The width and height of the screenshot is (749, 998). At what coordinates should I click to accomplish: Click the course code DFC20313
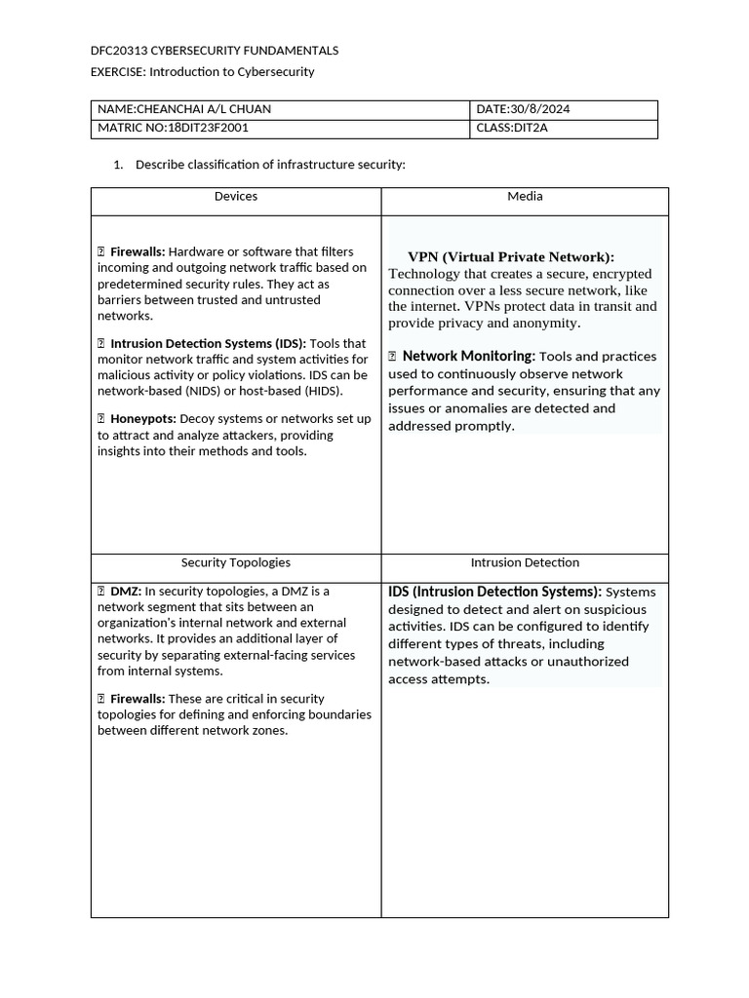click(x=119, y=51)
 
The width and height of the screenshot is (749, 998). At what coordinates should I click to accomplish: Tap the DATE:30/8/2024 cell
click(x=523, y=109)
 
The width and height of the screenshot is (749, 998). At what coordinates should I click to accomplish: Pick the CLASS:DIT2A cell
click(x=512, y=128)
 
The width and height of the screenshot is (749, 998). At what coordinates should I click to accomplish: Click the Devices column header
click(x=236, y=197)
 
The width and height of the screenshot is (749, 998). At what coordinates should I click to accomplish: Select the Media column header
click(x=525, y=197)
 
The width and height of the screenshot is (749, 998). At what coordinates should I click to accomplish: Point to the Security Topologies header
click(x=236, y=563)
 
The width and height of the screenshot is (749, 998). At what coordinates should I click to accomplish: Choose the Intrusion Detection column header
click(x=525, y=563)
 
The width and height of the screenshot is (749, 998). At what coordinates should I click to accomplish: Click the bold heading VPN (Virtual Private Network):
click(x=511, y=257)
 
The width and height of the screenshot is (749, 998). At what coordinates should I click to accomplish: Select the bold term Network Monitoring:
click(x=468, y=357)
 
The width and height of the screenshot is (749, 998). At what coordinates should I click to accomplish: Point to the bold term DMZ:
click(x=126, y=592)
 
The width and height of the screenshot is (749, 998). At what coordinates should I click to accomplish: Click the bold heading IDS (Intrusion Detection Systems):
click(x=494, y=592)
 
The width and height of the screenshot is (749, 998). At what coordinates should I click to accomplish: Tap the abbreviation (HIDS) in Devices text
click(x=319, y=391)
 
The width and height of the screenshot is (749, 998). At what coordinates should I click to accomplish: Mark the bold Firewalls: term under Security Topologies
click(x=137, y=699)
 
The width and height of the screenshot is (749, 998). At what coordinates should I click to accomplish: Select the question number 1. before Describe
click(x=118, y=165)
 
